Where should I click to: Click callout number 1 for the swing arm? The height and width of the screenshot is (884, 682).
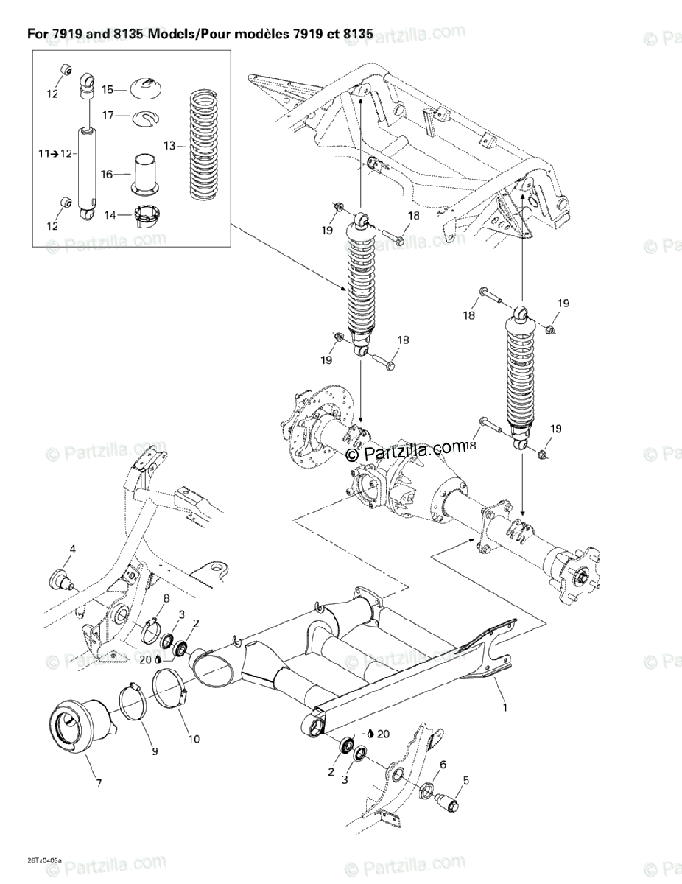point(505,707)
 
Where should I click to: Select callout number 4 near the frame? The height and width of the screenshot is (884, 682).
point(73,549)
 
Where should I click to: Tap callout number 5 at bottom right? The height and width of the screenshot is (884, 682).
point(465,780)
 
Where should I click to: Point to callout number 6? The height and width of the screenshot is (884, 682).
point(443,765)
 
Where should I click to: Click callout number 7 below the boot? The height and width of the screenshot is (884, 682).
point(98,784)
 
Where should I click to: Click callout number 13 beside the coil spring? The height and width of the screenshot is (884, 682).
point(169,146)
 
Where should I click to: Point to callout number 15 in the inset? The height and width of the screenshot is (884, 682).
point(108,89)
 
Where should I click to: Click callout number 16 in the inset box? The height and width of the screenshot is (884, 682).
point(108,174)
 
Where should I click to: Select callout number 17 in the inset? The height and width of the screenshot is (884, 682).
point(108,115)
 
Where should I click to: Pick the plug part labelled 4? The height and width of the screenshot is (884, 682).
point(59,578)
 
